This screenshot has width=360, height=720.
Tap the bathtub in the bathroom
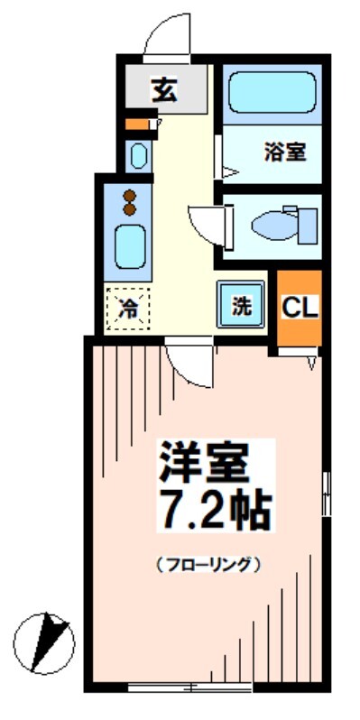[x=268, y=94]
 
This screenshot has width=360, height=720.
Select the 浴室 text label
[x=284, y=152]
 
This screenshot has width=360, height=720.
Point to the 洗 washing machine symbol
[x=240, y=305]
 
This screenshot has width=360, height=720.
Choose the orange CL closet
[x=299, y=308]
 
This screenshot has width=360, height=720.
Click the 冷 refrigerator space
[x=127, y=308]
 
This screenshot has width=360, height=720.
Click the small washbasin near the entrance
[x=138, y=156]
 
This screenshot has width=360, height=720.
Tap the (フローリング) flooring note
[x=208, y=566]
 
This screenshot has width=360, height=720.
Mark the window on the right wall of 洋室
[x=327, y=492]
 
